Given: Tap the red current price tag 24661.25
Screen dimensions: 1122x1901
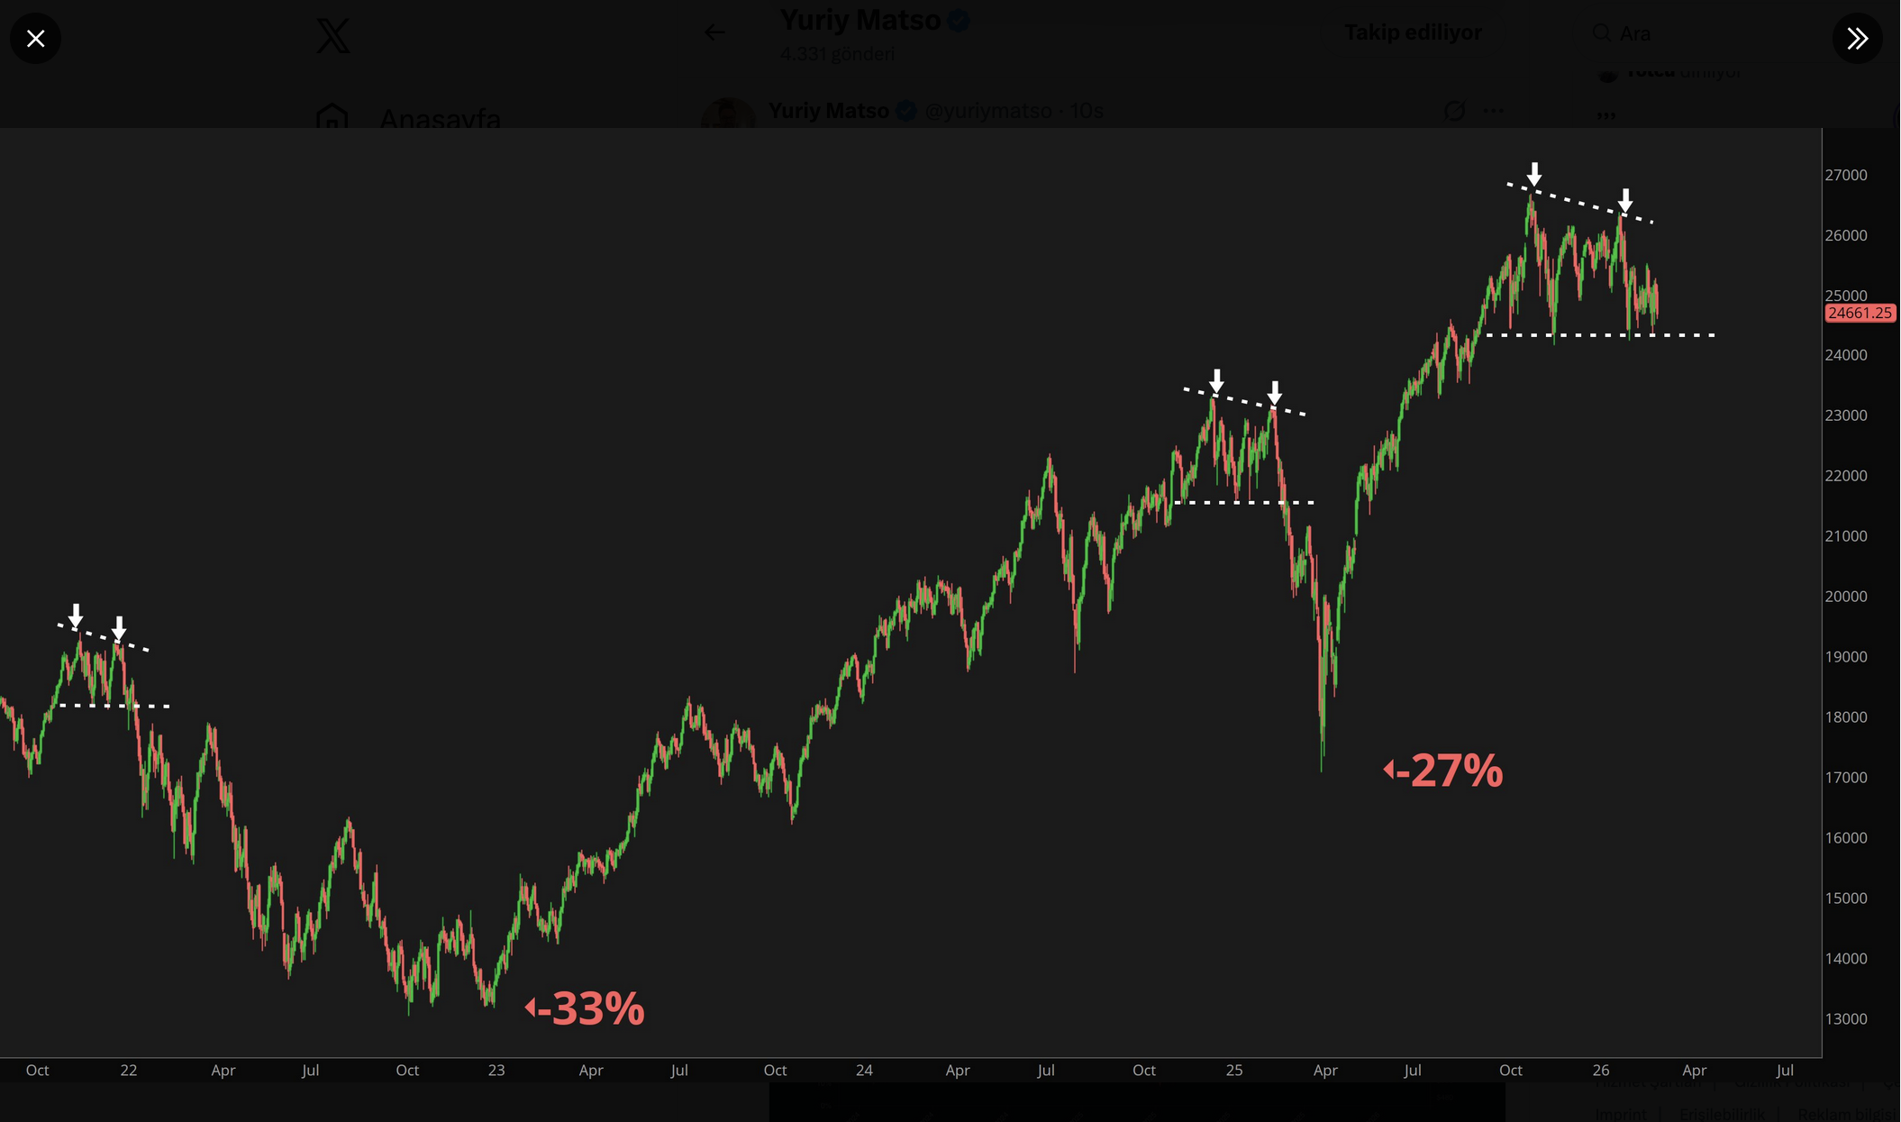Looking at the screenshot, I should (1860, 313).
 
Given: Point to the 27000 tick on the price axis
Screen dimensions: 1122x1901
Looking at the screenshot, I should (1845, 175).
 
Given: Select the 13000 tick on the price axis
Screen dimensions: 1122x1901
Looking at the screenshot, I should (1845, 1018).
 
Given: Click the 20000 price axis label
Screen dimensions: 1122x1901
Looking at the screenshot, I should (1845, 597).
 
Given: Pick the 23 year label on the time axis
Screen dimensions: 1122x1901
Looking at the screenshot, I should (496, 1071).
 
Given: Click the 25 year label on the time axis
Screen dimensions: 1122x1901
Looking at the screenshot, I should (1233, 1071).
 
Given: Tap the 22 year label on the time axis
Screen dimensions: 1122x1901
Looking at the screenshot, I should (129, 1071).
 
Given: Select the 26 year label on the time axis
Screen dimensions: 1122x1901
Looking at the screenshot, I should (1600, 1071).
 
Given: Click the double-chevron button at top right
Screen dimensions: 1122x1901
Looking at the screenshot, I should (1857, 39).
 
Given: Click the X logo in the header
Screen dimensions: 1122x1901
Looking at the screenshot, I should (333, 36).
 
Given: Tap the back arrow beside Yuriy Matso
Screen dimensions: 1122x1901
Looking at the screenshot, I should (714, 33).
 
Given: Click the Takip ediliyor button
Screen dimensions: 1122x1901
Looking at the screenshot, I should (1413, 33).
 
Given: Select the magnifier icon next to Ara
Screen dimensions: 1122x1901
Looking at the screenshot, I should (1601, 33).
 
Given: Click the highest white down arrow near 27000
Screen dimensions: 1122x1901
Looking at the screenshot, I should (1534, 174).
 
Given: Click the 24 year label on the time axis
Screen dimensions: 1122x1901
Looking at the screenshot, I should (864, 1071).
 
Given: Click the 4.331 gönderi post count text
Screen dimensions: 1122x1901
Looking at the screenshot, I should (837, 54).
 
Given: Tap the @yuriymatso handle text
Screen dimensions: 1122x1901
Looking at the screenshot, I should (988, 111).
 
